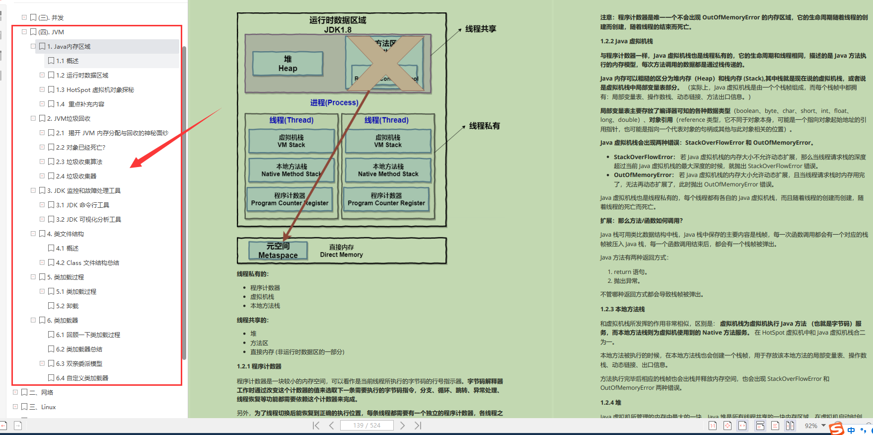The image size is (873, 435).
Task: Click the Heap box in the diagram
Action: [288, 64]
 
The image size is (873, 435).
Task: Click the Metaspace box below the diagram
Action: [278, 251]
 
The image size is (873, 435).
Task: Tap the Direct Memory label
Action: [341, 251]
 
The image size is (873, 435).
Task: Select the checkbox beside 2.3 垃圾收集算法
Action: [51, 162]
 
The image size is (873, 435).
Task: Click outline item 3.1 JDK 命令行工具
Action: [82, 205]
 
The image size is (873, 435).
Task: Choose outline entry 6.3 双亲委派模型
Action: [79, 363]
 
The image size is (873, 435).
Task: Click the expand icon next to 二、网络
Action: [15, 392]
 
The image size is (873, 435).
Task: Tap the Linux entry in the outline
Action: [48, 407]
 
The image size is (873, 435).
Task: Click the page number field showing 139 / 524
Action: [366, 426]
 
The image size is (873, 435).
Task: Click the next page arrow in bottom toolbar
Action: [402, 426]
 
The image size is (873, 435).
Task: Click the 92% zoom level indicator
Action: [811, 426]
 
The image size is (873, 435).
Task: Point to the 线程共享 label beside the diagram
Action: [480, 29]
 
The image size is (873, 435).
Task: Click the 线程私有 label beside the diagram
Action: [484, 126]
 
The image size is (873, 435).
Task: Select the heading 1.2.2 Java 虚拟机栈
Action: [627, 41]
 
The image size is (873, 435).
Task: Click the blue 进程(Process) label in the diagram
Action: [334, 102]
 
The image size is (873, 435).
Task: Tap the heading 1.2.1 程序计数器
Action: [259, 366]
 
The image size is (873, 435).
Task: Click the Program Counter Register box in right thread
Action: [386, 199]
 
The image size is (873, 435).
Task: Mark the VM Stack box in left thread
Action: [291, 141]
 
